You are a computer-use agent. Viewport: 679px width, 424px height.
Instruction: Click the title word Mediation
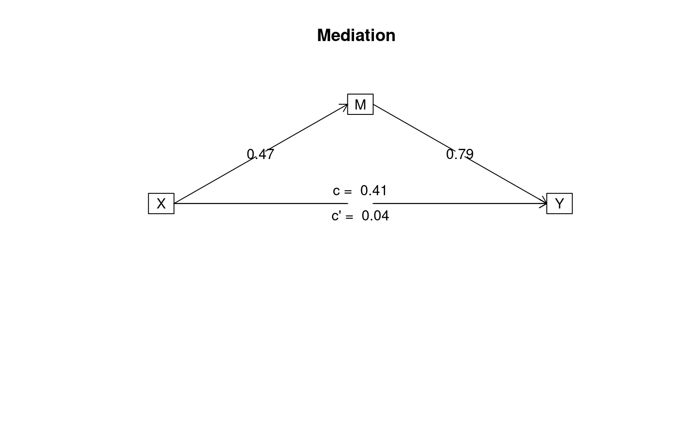[356, 35]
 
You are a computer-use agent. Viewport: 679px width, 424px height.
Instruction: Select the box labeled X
[161, 204]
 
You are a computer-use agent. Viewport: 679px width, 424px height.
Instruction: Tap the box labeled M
[360, 104]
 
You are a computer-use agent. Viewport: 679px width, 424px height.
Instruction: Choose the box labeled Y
[560, 204]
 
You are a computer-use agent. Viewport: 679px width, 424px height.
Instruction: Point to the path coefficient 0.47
[260, 154]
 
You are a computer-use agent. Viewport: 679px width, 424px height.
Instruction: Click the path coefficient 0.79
[460, 154]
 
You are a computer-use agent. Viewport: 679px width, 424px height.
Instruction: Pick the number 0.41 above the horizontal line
[374, 190]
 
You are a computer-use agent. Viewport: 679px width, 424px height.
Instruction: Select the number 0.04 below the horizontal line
[375, 216]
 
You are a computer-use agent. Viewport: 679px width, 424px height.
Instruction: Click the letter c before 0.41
[336, 191]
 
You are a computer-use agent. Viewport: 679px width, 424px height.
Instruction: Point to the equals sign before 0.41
[348, 191]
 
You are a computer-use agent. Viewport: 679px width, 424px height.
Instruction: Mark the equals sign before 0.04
[349, 216]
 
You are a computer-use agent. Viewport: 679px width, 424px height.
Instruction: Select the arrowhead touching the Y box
[543, 204]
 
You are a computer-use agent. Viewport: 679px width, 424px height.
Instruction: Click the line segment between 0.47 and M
[307, 127]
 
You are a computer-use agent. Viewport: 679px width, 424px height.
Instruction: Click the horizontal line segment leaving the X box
[261, 204]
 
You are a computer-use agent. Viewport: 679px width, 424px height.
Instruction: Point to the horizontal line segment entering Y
[460, 204]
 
